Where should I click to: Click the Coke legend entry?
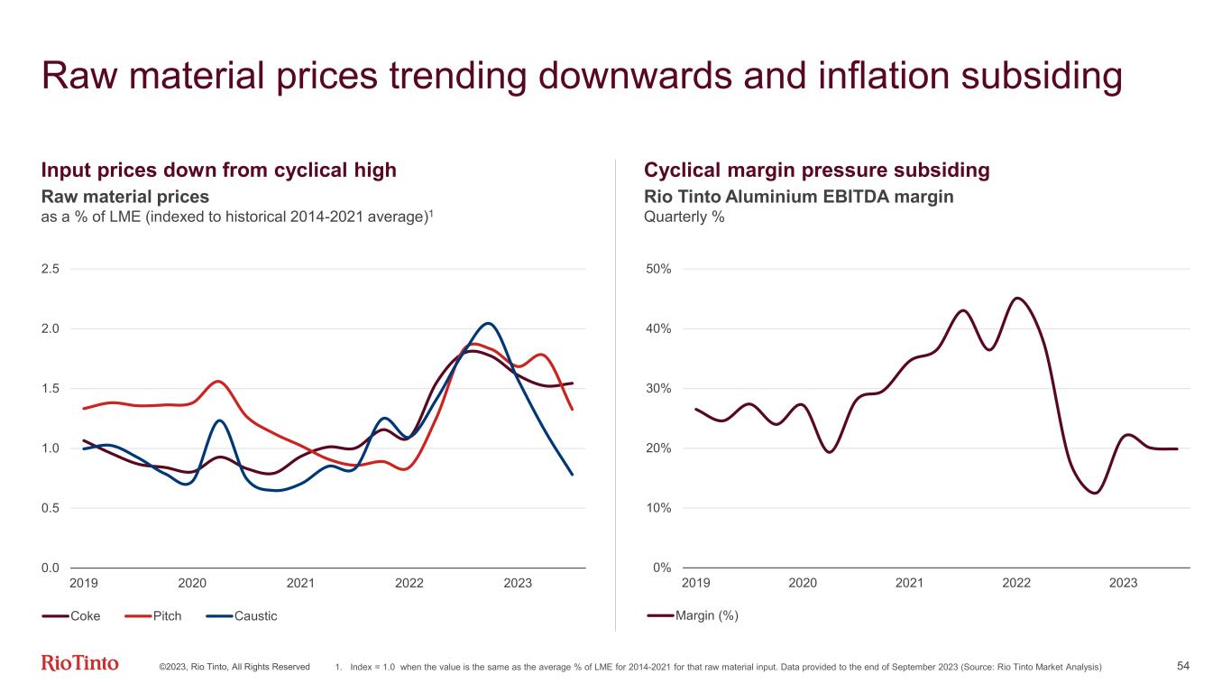71,616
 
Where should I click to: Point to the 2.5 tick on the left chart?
51,269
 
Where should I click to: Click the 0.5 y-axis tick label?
51,508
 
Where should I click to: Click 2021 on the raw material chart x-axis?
300,584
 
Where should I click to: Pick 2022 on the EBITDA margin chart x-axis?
1016,584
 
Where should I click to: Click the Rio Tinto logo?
80,664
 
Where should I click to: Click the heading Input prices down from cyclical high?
219,171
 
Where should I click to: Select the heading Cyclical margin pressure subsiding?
817,171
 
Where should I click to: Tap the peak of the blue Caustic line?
488,323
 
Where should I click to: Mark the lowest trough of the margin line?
1094,493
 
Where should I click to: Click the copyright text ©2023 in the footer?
171,667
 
